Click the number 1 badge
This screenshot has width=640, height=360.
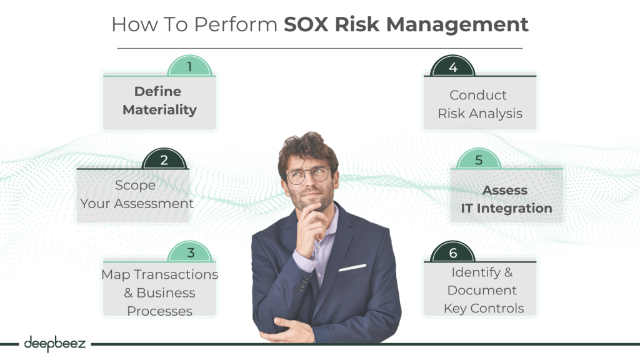(190, 66)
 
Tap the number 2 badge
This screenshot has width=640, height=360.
(164, 159)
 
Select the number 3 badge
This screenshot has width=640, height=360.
(191, 252)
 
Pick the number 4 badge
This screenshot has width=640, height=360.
(452, 67)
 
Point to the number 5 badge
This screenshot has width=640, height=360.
(479, 159)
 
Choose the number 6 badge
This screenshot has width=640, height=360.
(453, 252)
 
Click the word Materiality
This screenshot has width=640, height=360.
(159, 110)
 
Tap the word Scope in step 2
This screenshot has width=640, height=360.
(135, 186)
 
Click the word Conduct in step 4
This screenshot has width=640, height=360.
(478, 96)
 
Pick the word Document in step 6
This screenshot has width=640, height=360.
(482, 291)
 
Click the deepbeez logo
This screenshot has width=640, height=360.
(54, 343)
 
